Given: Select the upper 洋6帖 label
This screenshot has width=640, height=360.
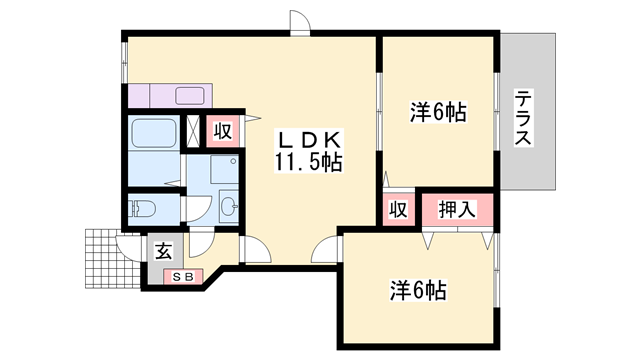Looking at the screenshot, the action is click(x=438, y=112).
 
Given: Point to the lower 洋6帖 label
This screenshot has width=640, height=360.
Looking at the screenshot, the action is click(x=417, y=291).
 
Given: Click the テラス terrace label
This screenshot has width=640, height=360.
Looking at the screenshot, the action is click(x=524, y=119).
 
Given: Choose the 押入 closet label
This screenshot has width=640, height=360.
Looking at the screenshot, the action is click(x=455, y=210).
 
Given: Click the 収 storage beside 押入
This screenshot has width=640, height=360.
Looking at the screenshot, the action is click(x=396, y=210).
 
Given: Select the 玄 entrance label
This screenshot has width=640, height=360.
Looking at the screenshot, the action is click(x=162, y=249).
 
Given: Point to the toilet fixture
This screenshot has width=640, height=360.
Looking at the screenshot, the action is click(x=143, y=210).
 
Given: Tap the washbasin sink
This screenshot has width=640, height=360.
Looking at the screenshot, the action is click(x=227, y=207).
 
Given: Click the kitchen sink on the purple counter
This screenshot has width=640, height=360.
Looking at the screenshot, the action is click(x=190, y=97).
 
